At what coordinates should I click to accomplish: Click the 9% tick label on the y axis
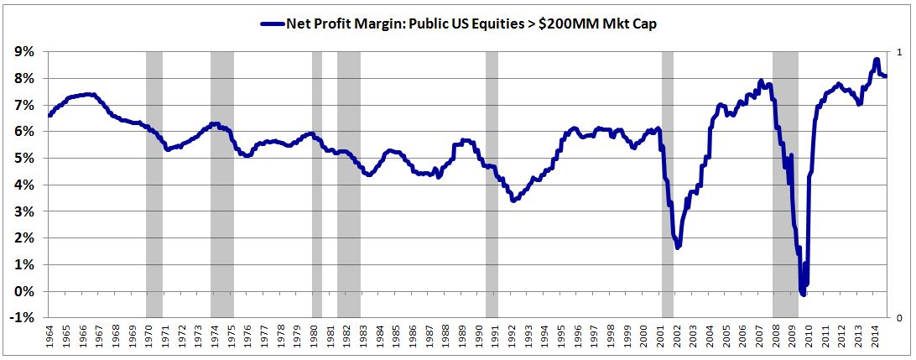point(23,52)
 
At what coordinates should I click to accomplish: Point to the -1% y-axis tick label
point(22,318)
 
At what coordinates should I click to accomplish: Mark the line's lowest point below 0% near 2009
point(803,295)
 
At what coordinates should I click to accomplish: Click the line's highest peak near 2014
point(876,60)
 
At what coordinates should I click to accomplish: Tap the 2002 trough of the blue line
point(678,247)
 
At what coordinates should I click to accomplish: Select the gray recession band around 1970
point(154,185)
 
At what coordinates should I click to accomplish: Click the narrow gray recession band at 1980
point(317,185)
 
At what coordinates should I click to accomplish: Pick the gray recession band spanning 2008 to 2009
point(785,185)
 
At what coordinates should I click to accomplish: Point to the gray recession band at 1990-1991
point(492,185)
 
